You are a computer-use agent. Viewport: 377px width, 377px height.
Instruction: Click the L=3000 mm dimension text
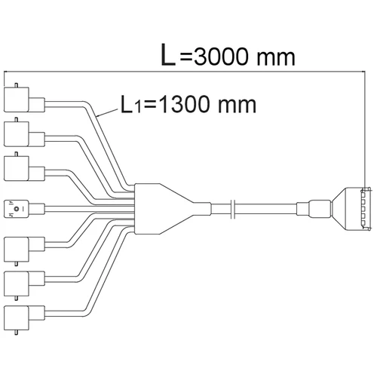pyautogui.click(x=228, y=55)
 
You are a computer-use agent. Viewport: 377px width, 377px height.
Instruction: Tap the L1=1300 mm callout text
pyautogui.click(x=188, y=104)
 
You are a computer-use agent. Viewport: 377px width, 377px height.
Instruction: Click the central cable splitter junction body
pyautogui.click(x=173, y=209)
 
